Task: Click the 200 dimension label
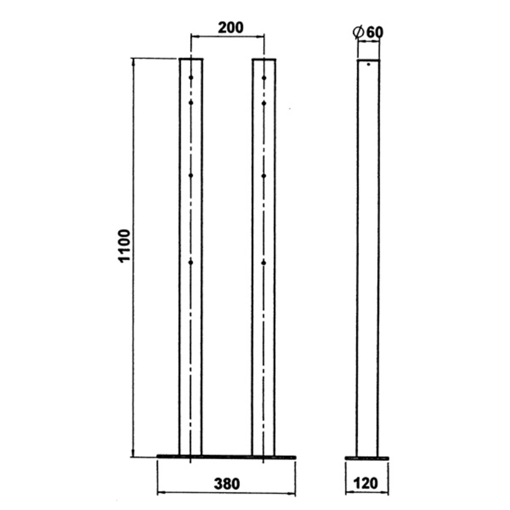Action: point(230,28)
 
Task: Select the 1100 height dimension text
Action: point(125,245)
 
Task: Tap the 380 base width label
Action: point(227,484)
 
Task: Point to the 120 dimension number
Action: point(366,483)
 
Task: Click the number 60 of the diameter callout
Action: point(375,32)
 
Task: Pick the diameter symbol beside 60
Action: point(359,33)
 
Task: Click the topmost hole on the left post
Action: point(191,77)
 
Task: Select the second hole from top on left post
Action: point(191,103)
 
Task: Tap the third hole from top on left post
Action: point(191,176)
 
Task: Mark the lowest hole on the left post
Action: point(191,263)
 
